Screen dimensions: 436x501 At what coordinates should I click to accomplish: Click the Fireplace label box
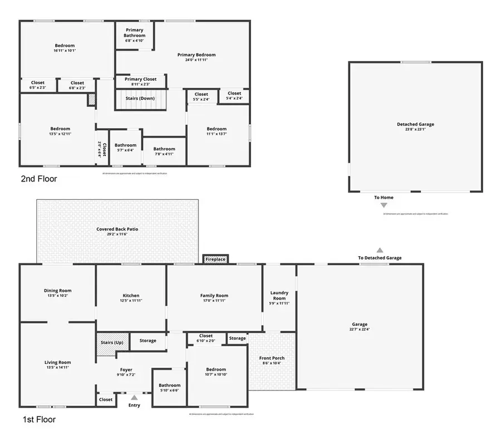pyautogui.click(x=215, y=259)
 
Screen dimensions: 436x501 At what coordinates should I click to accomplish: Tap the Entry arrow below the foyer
pyautogui.click(x=134, y=398)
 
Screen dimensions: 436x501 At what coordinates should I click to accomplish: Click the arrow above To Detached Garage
pyautogui.click(x=380, y=250)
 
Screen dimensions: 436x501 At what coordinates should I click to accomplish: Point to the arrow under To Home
pyautogui.click(x=384, y=205)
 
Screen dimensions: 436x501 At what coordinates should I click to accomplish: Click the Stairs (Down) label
pyautogui.click(x=141, y=99)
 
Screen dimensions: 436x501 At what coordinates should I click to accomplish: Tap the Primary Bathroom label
pyautogui.click(x=134, y=33)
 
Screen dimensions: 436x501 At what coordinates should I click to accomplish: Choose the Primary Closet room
pyautogui.click(x=140, y=81)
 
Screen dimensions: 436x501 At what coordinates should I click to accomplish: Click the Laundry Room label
pyautogui.click(x=278, y=296)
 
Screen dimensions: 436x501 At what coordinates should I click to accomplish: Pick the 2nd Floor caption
pyautogui.click(x=39, y=179)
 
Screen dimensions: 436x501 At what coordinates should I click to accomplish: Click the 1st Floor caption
pyautogui.click(x=38, y=419)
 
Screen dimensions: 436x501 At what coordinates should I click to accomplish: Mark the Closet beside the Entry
pyautogui.click(x=105, y=399)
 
